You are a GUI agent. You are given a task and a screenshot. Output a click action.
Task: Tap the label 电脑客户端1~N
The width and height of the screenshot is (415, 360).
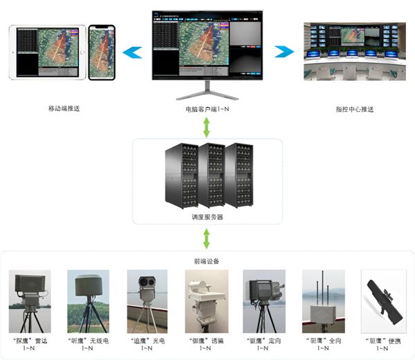206,109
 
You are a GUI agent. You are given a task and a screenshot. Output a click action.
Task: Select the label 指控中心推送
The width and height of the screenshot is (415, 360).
354,109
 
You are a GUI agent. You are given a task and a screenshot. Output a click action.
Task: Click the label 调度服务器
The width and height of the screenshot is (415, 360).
207,216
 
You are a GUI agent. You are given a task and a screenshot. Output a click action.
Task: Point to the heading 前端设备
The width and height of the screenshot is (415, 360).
207,261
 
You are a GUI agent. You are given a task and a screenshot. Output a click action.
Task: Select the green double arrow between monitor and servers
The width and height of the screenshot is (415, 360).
207,126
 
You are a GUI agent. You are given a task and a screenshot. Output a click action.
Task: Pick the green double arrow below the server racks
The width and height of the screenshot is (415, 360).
207,239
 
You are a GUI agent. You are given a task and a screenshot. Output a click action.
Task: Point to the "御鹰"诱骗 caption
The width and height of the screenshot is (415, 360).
205,340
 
